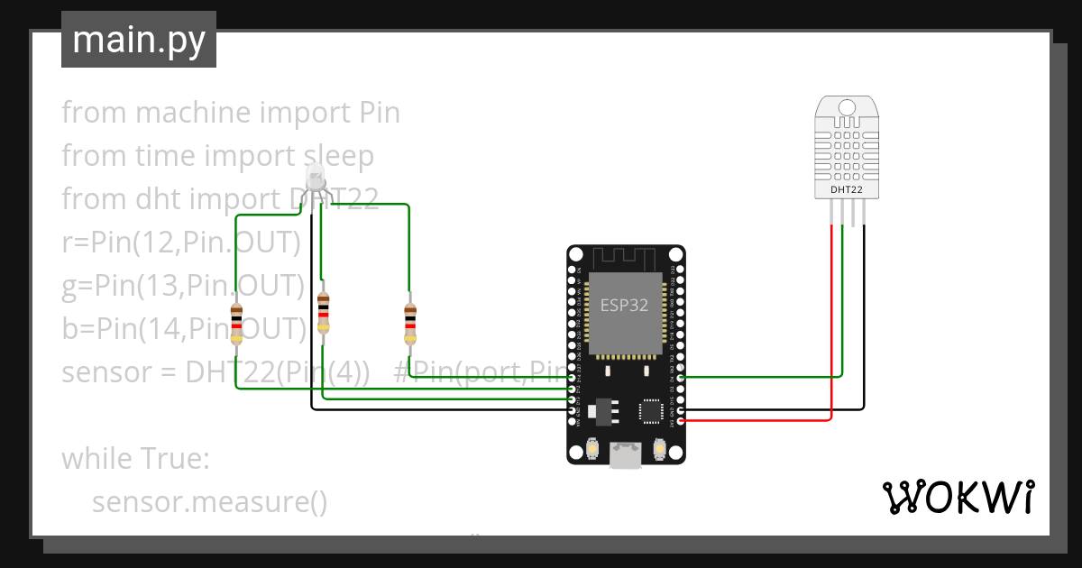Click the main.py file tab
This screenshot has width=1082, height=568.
click(139, 41)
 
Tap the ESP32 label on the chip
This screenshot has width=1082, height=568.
click(624, 305)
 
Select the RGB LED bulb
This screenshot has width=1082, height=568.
click(315, 179)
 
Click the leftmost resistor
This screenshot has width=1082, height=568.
click(236, 324)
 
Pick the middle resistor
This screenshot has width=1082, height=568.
click(323, 313)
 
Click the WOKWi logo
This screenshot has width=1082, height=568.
click(957, 498)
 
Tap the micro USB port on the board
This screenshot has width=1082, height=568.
click(625, 455)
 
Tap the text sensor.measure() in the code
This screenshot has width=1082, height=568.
click(209, 501)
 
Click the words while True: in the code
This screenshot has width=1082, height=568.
click(135, 458)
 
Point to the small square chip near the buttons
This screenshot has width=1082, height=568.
click(651, 411)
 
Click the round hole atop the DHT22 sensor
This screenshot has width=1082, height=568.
click(847, 107)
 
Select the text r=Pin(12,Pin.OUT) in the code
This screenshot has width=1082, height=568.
click(180, 243)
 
